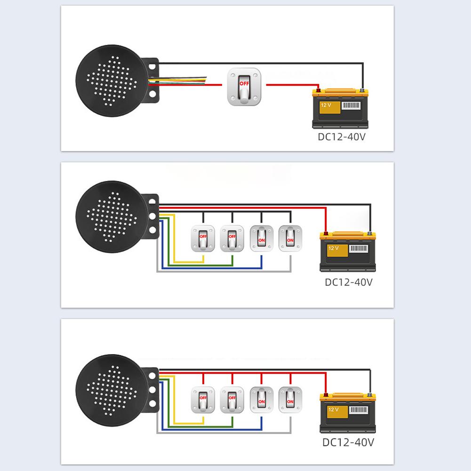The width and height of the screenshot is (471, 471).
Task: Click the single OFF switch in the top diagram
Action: point(244,87)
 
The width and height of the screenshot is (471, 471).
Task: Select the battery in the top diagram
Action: point(341,109)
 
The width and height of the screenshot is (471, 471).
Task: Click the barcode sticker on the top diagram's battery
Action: point(351,106)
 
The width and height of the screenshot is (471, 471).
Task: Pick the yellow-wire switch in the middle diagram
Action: point(203,239)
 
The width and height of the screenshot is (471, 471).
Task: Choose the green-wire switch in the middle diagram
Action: point(232,239)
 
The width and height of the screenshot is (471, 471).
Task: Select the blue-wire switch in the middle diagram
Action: point(261,239)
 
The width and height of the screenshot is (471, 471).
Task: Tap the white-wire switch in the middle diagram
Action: point(290,239)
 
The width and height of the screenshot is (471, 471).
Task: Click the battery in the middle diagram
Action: point(348,252)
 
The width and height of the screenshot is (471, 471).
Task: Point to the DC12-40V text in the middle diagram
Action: point(349,282)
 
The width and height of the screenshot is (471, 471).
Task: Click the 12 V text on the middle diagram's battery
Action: point(333,247)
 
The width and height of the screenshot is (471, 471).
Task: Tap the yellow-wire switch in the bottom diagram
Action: point(203,400)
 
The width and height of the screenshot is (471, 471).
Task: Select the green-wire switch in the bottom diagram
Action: point(232,400)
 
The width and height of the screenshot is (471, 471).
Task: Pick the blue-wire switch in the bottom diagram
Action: point(261,400)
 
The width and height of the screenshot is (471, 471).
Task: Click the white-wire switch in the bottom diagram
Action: point(290,400)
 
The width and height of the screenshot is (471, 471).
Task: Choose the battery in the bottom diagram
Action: point(348,413)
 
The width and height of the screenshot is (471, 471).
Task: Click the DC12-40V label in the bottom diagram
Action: point(348,443)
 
